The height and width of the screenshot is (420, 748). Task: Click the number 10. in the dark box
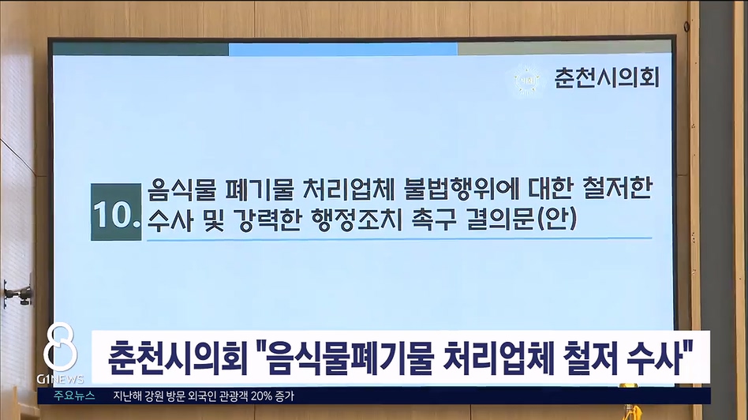117,213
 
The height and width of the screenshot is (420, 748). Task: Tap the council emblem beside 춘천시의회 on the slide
528,79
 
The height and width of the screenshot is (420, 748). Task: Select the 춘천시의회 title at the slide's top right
606,77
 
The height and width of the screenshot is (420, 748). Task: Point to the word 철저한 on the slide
617,189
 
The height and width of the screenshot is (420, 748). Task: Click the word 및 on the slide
214,219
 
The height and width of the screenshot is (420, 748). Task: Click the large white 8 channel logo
60,347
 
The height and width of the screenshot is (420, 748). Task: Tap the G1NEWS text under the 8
60,380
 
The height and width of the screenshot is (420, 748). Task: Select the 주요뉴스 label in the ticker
74,396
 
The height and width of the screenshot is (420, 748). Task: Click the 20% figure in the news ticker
261,396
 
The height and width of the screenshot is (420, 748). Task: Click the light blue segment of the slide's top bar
343,49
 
